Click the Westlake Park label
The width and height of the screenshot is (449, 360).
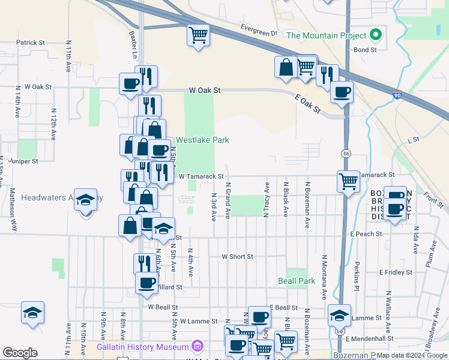(x=202, y=140)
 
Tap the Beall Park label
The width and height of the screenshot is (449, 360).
(x=297, y=281)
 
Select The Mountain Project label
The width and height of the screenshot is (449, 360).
(x=327, y=35)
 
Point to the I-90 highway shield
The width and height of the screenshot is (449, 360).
(x=397, y=95)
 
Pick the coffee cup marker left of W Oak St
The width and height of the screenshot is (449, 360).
(x=130, y=84)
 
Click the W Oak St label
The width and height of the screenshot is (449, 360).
(x=205, y=90)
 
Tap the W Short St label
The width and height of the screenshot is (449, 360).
(x=237, y=256)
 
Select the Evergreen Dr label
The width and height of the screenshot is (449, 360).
(x=259, y=29)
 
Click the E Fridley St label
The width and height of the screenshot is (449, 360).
(x=396, y=272)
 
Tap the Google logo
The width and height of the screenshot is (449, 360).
(x=20, y=353)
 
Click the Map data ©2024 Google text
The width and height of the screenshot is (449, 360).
(x=413, y=355)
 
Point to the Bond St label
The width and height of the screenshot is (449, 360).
(x=365, y=50)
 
